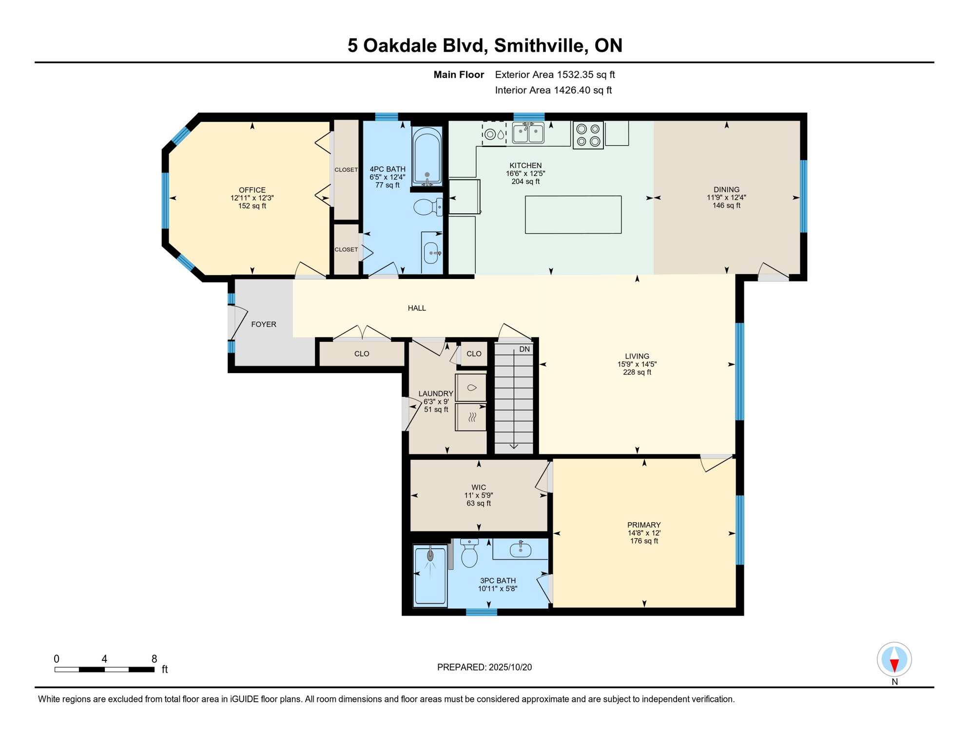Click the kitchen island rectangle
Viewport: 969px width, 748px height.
pos(573,215)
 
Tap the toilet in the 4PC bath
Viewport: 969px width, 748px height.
pos(426,207)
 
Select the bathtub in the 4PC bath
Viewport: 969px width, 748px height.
pos(427,155)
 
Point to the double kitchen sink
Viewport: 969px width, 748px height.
pos(528,133)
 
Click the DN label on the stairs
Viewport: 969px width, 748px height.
pos(524,349)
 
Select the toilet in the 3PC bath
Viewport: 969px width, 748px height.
pos(469,554)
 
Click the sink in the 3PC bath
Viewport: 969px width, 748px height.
pos(520,550)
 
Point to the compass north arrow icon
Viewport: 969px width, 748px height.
pos(894,660)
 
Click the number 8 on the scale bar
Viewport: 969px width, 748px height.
pos(154,659)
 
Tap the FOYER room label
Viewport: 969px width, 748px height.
pos(264,324)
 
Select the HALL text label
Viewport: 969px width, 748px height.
pos(417,308)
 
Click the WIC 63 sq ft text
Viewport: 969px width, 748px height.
pos(478,504)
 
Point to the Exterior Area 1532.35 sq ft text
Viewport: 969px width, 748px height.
pos(555,75)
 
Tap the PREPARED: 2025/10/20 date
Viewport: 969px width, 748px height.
pos(484,667)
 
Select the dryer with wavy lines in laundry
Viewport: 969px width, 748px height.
pos(471,417)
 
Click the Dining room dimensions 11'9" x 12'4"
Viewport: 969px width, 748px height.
pos(726,198)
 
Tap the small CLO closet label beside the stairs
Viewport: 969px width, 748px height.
pos(473,354)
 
